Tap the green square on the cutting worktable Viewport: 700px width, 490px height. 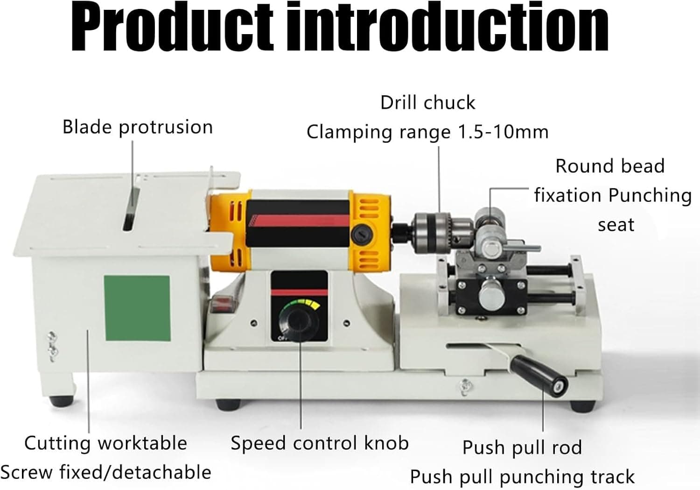click(x=137, y=308)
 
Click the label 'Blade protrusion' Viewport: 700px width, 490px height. click(x=138, y=127)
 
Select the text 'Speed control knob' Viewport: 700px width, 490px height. click(x=319, y=443)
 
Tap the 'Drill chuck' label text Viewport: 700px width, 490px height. click(x=428, y=102)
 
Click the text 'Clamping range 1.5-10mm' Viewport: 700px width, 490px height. click(x=427, y=132)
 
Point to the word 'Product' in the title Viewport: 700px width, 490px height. click(x=172, y=28)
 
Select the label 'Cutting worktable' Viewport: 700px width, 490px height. click(x=106, y=443)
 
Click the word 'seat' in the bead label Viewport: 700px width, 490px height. click(x=616, y=225)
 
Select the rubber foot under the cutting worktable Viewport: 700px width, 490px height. click(x=62, y=401)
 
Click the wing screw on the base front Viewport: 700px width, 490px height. click(x=465, y=386)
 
